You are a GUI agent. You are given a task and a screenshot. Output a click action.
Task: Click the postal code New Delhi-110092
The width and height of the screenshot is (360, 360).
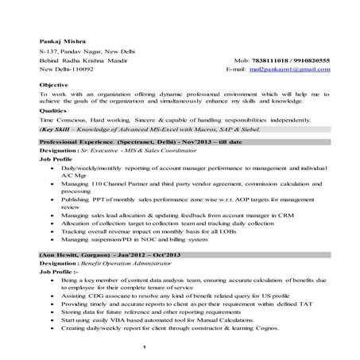(x=67, y=70)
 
